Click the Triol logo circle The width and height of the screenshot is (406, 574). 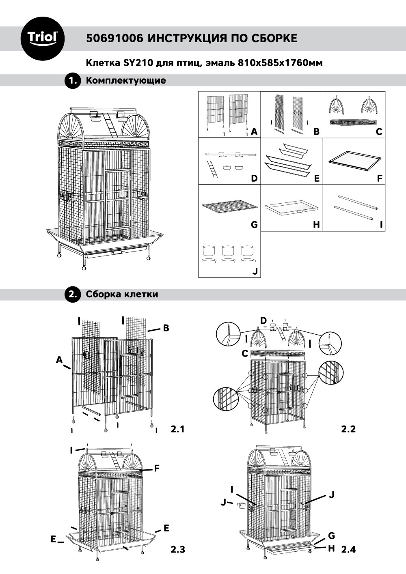[x=42, y=38]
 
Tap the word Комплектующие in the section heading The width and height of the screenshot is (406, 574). [x=126, y=80]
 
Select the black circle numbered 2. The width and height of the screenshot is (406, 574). [x=73, y=295]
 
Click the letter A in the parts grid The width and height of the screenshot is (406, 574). [x=254, y=131]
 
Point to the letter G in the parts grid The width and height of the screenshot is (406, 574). [x=254, y=224]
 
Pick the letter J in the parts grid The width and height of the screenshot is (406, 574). [x=255, y=271]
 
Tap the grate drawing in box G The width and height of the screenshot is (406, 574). [x=230, y=207]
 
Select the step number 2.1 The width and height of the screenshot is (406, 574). [x=177, y=429]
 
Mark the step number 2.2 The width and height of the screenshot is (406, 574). [x=348, y=429]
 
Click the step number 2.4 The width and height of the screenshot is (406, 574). [x=348, y=550]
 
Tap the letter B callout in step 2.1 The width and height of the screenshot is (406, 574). [x=166, y=328]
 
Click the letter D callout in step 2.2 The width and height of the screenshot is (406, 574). [x=263, y=320]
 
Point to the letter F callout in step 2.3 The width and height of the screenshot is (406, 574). [x=156, y=469]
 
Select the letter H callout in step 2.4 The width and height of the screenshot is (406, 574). [x=331, y=548]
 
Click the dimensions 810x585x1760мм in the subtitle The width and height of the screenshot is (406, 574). [x=281, y=63]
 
